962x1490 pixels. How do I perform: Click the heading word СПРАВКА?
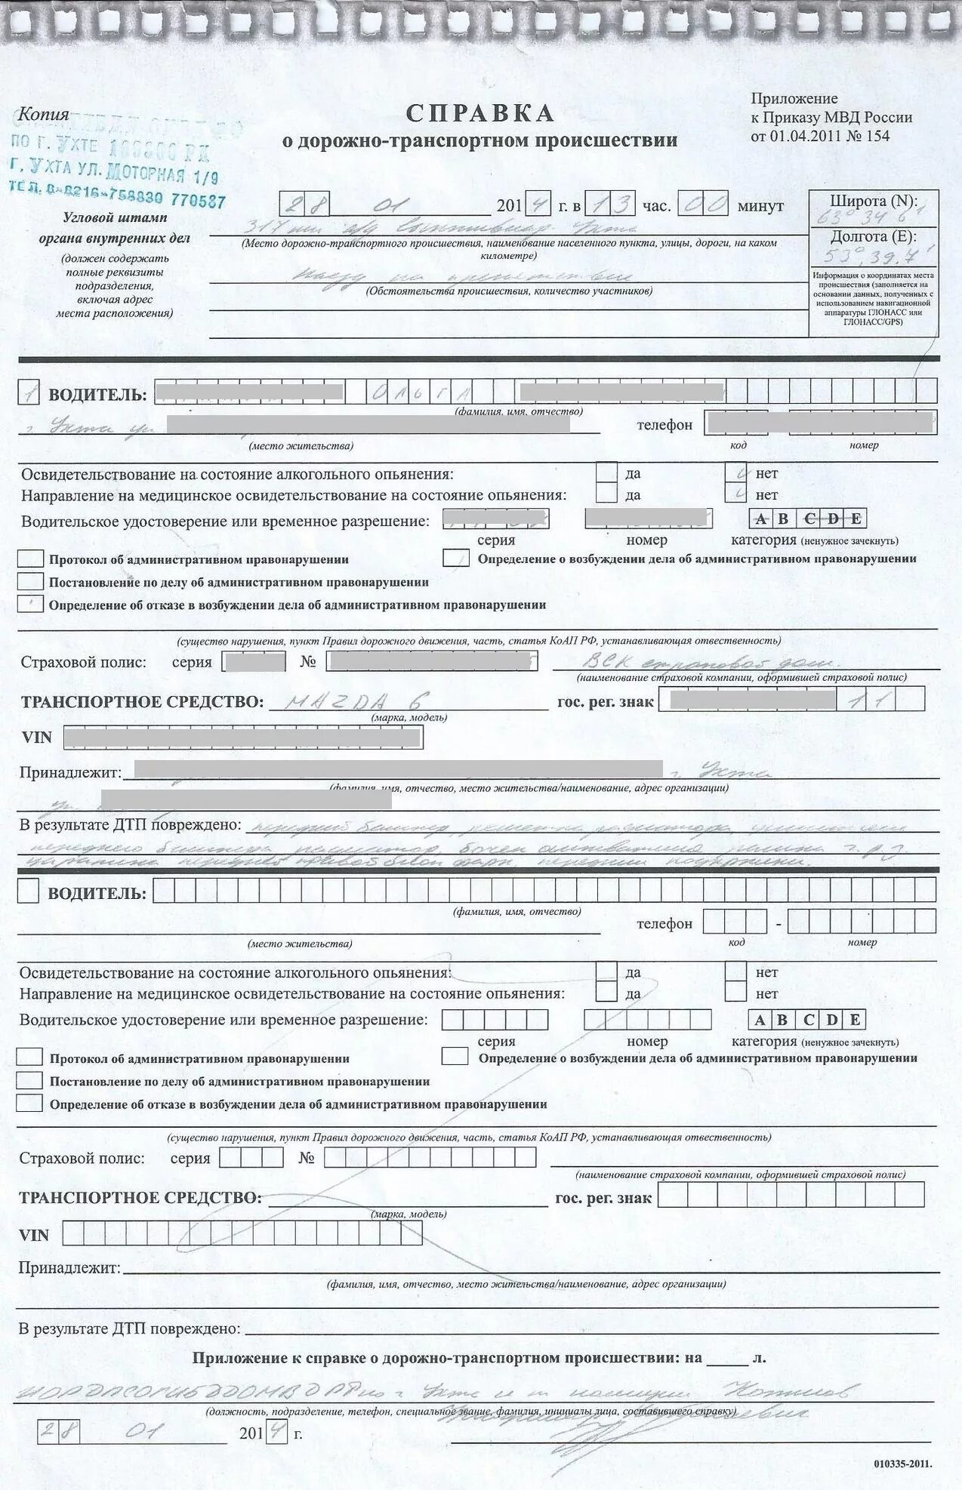point(480,114)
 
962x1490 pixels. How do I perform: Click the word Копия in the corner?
point(43,115)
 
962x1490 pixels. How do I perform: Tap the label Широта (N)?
point(873,202)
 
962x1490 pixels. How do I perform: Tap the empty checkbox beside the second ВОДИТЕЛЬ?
point(28,891)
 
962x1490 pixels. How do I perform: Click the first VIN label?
point(37,737)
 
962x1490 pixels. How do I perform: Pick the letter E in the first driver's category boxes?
point(856,519)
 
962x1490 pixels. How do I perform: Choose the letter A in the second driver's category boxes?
point(760,1021)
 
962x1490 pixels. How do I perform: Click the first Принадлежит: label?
point(70,773)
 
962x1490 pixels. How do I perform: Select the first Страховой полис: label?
point(83,662)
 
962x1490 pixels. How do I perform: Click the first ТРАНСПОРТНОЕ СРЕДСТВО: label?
point(143,702)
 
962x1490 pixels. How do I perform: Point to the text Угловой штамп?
point(115,218)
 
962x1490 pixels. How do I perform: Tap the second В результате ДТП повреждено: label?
point(130,1328)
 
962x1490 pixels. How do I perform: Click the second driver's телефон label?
point(664,923)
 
